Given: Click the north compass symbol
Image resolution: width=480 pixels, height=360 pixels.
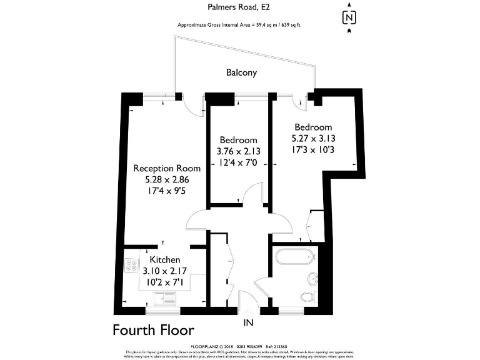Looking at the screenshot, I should click(x=349, y=17).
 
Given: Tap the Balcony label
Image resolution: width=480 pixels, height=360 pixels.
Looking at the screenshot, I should click(x=241, y=72).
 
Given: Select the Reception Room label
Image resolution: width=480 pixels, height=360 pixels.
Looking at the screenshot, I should click(x=167, y=168).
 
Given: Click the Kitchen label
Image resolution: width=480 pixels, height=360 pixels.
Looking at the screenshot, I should click(x=165, y=260).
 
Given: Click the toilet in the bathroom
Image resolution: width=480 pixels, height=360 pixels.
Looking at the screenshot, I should click(x=307, y=296).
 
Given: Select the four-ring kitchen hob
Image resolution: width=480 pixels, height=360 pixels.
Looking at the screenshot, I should click(x=132, y=265).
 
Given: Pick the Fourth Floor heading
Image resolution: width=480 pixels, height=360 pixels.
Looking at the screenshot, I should click(x=153, y=330).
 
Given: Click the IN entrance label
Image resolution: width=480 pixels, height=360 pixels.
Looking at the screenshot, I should click(x=249, y=323).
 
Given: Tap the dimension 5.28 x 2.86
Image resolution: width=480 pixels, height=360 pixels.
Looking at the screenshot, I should click(x=167, y=180).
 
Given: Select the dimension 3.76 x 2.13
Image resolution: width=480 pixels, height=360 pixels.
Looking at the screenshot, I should click(x=238, y=151).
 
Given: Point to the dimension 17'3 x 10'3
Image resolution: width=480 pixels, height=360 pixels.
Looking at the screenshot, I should click(x=314, y=151).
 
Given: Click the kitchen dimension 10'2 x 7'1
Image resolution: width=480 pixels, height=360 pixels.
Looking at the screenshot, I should click(x=165, y=282).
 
